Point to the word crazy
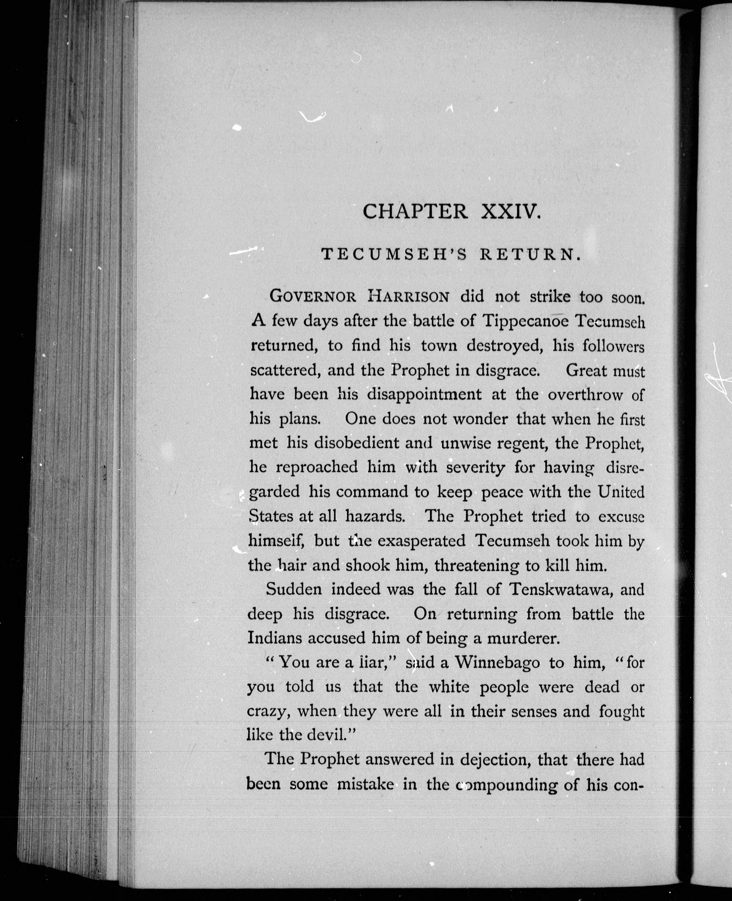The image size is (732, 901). pos(268,712)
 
